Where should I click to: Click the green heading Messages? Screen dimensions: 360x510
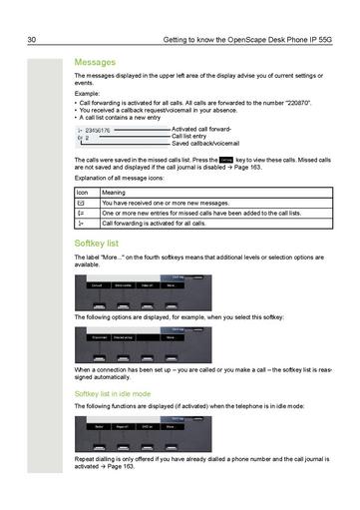coord(96,62)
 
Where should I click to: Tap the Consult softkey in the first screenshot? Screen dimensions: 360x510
coord(96,285)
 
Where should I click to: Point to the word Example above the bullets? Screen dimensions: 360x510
coord(87,93)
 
